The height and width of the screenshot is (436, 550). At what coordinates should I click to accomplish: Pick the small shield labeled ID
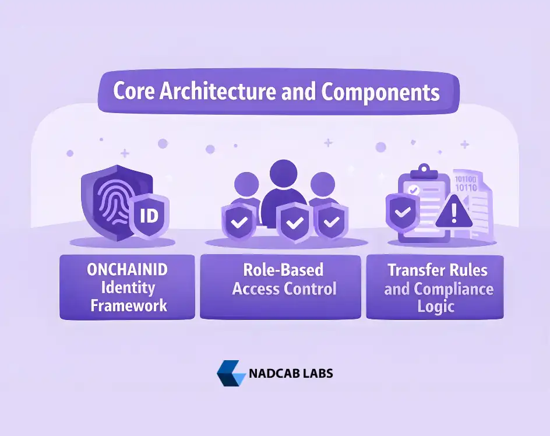(149, 216)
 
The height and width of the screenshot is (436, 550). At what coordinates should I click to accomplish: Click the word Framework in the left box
(127, 305)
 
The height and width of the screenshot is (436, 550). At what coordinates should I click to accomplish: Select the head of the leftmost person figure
(247, 184)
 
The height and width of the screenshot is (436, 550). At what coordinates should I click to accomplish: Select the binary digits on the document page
(466, 183)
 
